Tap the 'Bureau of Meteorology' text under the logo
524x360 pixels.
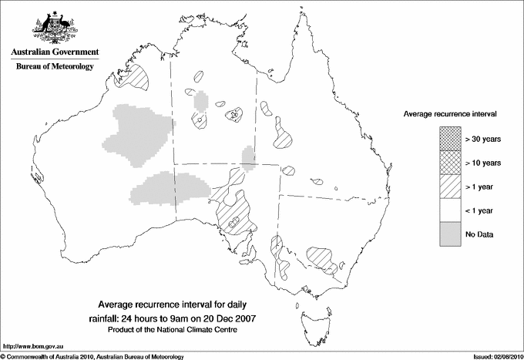[54, 67]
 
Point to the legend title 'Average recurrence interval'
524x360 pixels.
[450, 113]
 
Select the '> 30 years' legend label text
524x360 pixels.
[483, 139]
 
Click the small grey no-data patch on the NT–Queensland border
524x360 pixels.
[248, 159]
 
